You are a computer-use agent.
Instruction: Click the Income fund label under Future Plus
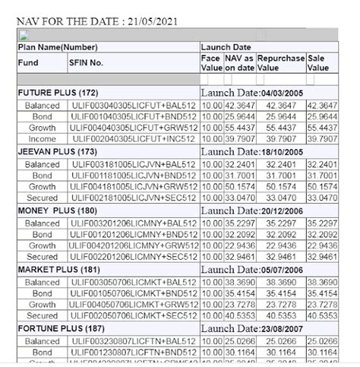[42, 139]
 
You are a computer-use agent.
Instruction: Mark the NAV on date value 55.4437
[240, 128]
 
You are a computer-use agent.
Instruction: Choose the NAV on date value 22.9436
[240, 245]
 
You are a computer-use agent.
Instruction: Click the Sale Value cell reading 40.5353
[322, 315]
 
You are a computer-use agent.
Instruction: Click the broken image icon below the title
[23, 35]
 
